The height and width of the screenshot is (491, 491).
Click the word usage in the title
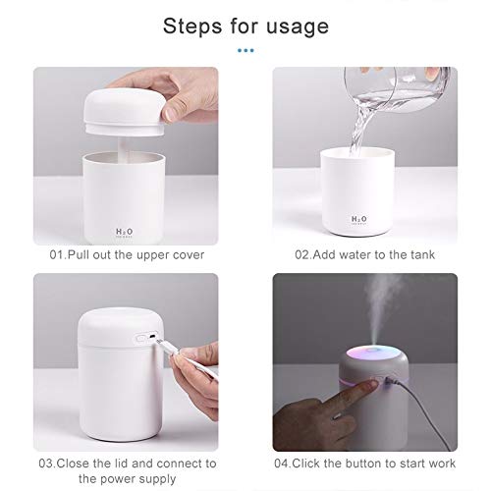[x=298, y=27]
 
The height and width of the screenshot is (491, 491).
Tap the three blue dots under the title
[x=245, y=50]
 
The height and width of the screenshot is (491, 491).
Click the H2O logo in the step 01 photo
[x=125, y=233]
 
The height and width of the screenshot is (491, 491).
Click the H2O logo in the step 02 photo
[x=358, y=220]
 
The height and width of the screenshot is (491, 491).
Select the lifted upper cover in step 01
[x=124, y=113]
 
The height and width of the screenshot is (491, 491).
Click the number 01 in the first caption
[x=58, y=255]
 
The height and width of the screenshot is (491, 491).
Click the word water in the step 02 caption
[x=355, y=254]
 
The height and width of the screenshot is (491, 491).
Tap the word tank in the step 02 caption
[x=422, y=254]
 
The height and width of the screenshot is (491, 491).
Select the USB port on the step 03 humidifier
[x=152, y=337]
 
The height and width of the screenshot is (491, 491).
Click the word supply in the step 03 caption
[x=158, y=480]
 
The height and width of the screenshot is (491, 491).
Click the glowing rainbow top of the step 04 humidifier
[x=373, y=355]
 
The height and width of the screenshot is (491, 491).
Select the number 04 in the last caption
[x=283, y=464]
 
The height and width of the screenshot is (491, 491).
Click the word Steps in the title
[x=192, y=27]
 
